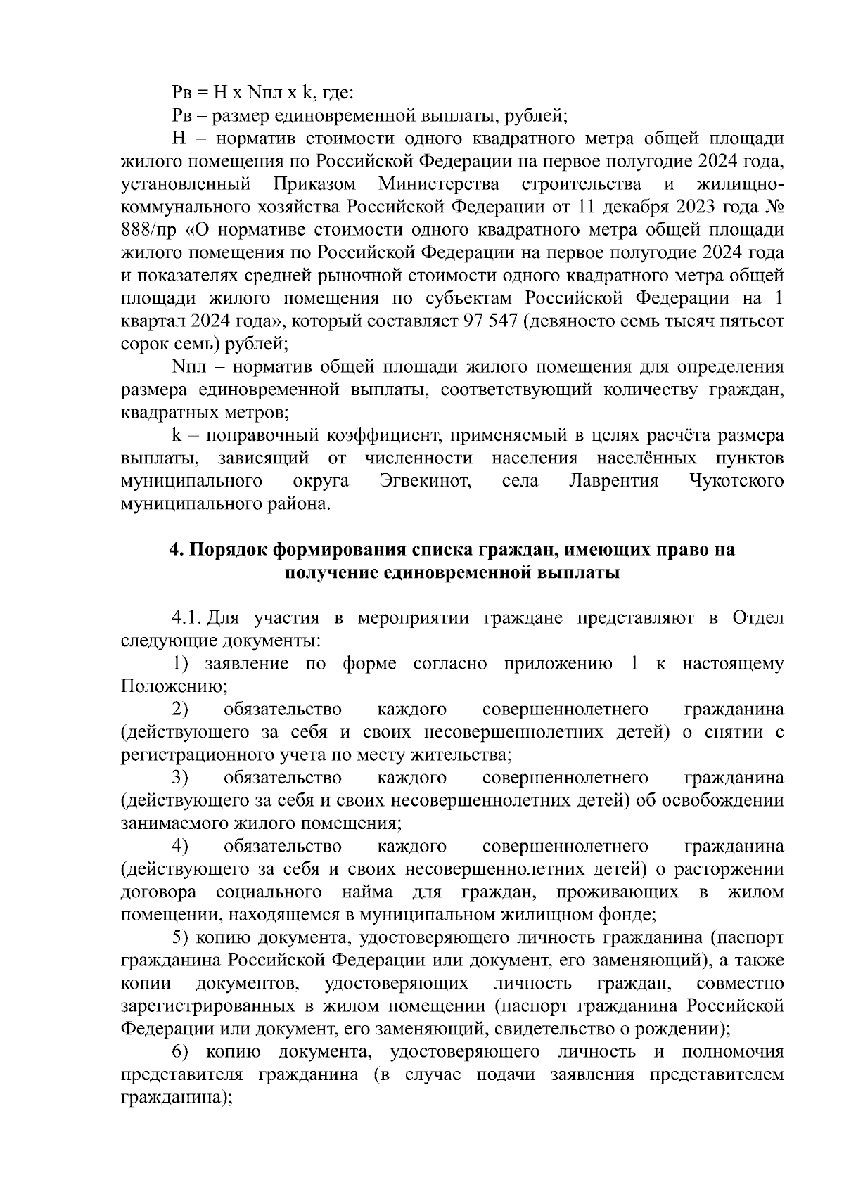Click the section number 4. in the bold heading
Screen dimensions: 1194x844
click(x=177, y=550)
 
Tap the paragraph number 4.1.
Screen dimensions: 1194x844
click(x=188, y=618)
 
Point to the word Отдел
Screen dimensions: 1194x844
click(x=758, y=618)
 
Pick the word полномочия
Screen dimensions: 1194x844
click(x=732, y=1053)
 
